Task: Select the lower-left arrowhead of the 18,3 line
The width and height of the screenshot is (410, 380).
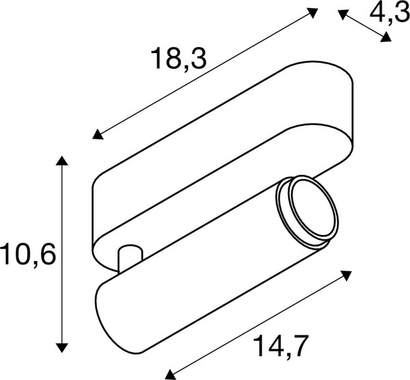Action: click(98, 134)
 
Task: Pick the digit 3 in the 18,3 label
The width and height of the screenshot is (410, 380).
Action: click(197, 60)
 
